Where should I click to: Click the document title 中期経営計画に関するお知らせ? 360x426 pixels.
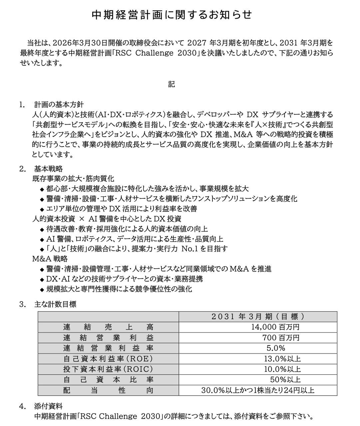pyautogui.click(x=172, y=15)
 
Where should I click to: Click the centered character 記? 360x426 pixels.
pyautogui.click(x=172, y=84)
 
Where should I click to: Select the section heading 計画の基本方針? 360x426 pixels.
pyautogui.click(x=59, y=105)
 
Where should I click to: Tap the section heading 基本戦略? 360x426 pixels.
pyautogui.click(x=48, y=169)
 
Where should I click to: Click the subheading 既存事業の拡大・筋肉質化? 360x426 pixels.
pyautogui.click(x=73, y=179)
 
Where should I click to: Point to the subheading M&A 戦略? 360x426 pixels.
pyautogui.click(x=50, y=259)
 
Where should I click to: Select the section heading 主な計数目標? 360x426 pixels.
pyautogui.click(x=55, y=304)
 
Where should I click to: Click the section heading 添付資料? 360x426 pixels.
pyautogui.click(x=48, y=406)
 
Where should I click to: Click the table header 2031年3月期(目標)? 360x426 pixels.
pyautogui.click(x=258, y=317)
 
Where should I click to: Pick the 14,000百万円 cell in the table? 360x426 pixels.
pyautogui.click(x=275, y=327)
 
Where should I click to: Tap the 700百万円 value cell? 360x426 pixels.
pyautogui.click(x=281, y=338)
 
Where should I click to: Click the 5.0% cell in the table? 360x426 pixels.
pyautogui.click(x=276, y=348)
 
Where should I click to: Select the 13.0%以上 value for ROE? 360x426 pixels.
pyautogui.click(x=282, y=359)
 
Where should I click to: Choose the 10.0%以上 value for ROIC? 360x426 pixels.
pyautogui.click(x=282, y=369)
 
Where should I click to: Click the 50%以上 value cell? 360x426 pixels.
pyautogui.click(x=285, y=380)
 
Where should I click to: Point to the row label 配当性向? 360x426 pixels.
pyautogui.click(x=108, y=390)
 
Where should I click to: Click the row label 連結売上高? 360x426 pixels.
pyautogui.click(x=108, y=327)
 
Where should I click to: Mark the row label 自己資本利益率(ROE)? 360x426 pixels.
pyautogui.click(x=108, y=359)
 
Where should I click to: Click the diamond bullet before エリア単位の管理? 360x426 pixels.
pyautogui.click(x=42, y=209)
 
